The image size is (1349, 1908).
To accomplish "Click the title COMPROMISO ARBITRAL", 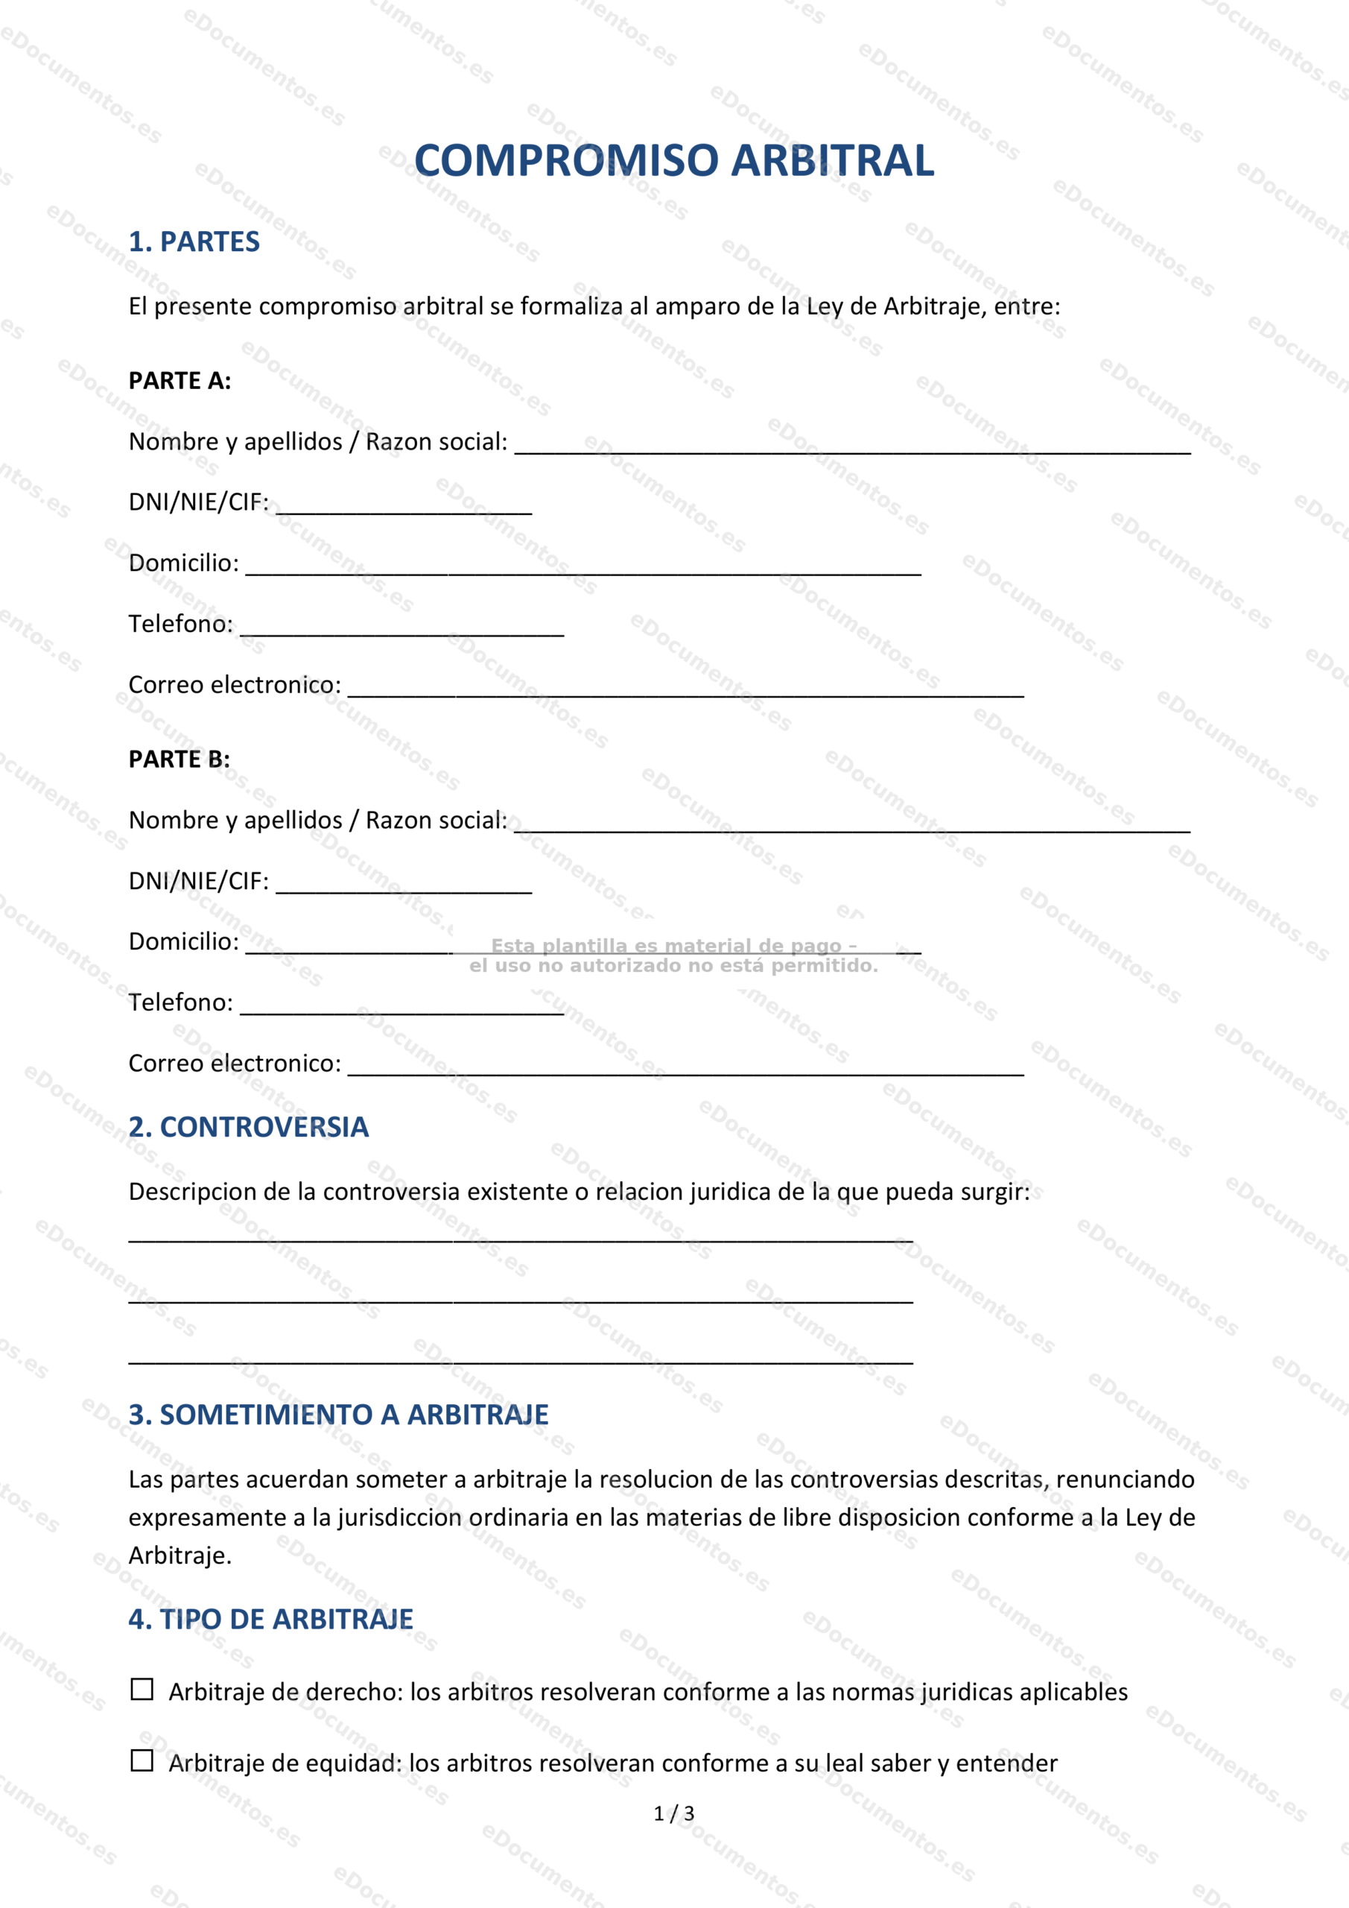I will pyautogui.click(x=673, y=160).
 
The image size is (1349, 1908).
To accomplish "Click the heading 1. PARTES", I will pyautogui.click(x=194, y=241).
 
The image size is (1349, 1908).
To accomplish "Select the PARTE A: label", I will pyautogui.click(x=180, y=381).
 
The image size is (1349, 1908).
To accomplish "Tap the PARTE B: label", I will pyautogui.click(x=179, y=759).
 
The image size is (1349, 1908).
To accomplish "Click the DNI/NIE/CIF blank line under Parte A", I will pyautogui.click(x=404, y=508).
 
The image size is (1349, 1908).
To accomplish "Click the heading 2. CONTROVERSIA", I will pyautogui.click(x=248, y=1127).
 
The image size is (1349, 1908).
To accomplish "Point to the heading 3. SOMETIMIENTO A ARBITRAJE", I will pyautogui.click(x=338, y=1415).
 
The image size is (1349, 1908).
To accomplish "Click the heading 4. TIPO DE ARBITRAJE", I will pyautogui.click(x=271, y=1619).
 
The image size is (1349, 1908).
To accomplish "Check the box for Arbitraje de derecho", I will pyautogui.click(x=142, y=1690).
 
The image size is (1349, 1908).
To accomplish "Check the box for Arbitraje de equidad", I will pyautogui.click(x=142, y=1761).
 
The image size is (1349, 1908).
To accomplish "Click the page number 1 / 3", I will pyautogui.click(x=673, y=1813).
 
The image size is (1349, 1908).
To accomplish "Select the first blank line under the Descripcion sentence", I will pyautogui.click(x=521, y=1238).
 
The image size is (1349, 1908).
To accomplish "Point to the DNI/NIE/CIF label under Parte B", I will pyautogui.click(x=199, y=881).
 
